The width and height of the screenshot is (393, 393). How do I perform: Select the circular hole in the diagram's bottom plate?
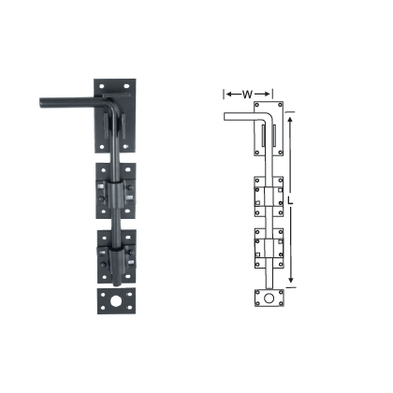pyautogui.click(x=267, y=300)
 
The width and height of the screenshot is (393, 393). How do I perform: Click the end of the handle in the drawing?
pyautogui.click(x=225, y=115)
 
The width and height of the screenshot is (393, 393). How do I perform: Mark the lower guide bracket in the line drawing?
pyautogui.click(x=267, y=247)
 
